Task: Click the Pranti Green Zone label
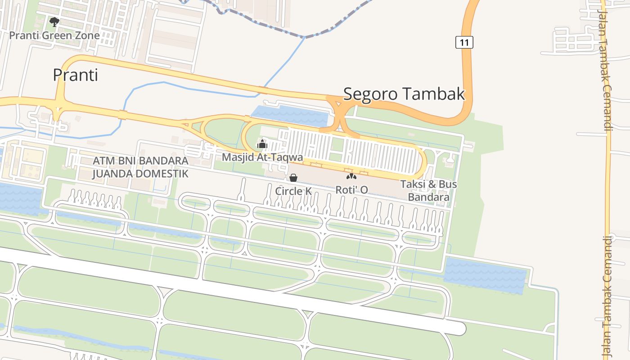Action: point(54,35)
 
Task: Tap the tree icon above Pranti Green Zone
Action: point(54,22)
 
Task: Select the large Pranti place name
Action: point(75,75)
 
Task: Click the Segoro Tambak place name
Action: point(404,94)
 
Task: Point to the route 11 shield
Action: point(464,43)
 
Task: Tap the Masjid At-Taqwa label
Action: point(262,157)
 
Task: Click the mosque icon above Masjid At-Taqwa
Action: point(262,144)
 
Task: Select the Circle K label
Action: point(293,191)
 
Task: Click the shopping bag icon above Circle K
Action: point(293,178)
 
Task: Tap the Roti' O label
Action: point(351,189)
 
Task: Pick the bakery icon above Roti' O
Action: point(351,176)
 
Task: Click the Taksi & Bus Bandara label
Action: point(428,190)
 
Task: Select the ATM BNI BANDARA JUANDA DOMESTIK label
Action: point(140,167)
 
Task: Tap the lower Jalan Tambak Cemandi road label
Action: point(606,297)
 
